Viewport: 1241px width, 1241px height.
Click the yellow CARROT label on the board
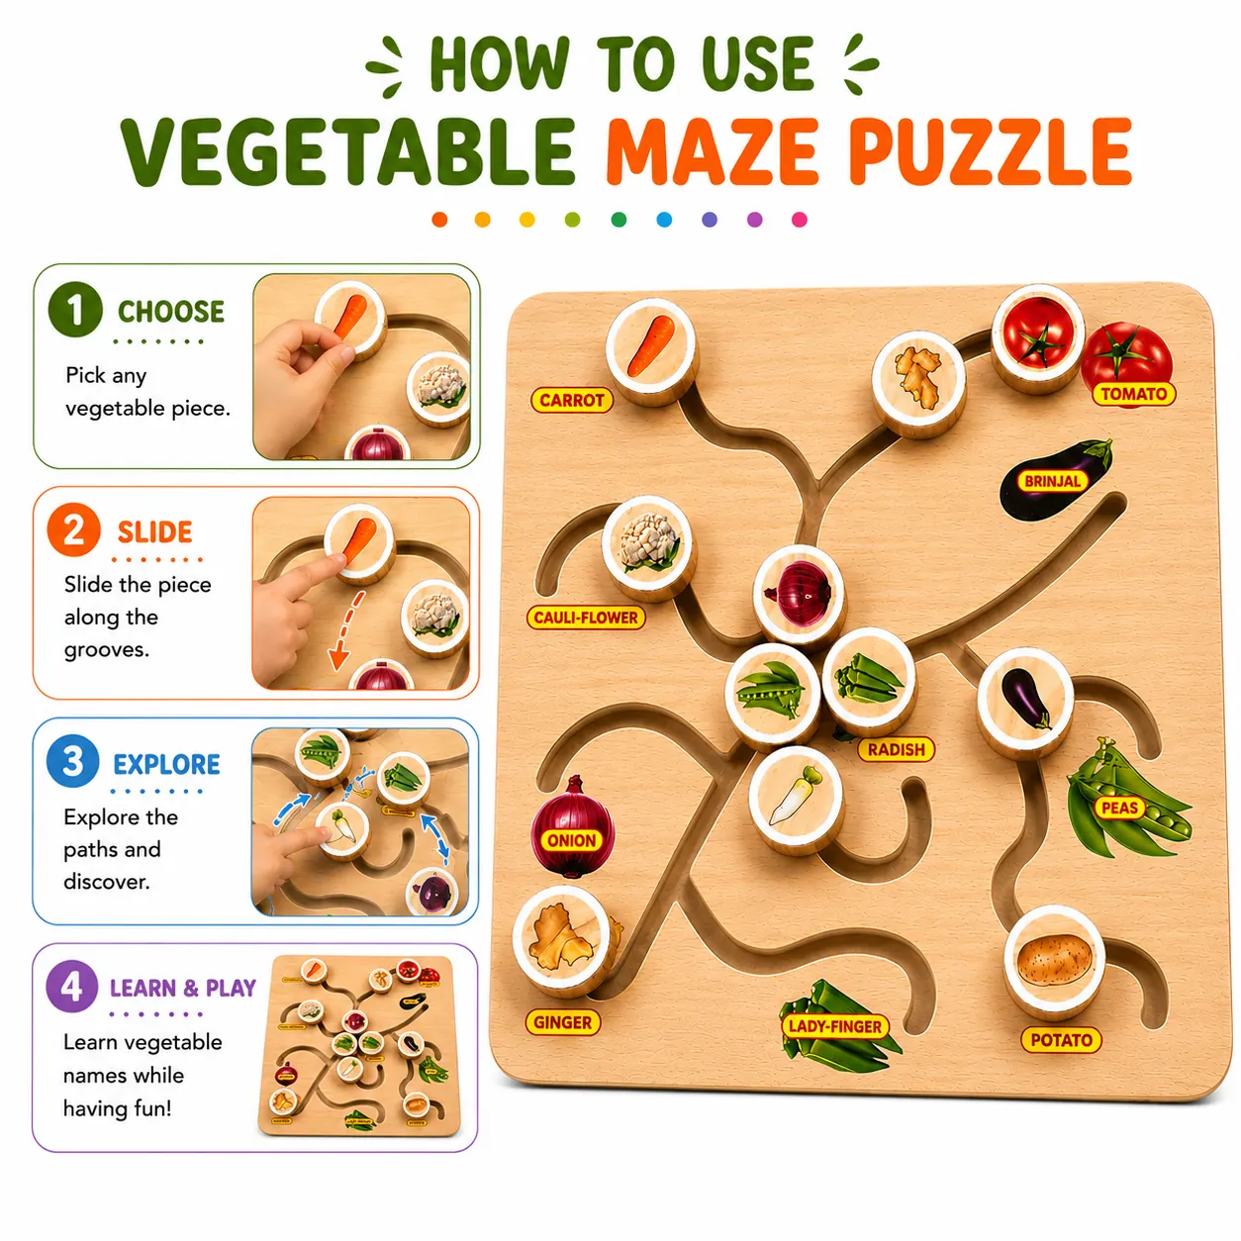coord(571,400)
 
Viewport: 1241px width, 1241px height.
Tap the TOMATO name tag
coord(1133,394)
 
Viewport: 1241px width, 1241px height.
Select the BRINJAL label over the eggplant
coord(1052,480)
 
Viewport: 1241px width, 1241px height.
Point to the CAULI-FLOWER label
coord(586,618)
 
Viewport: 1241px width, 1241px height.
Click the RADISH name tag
coord(896,749)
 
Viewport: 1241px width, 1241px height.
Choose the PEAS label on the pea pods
coord(1119,808)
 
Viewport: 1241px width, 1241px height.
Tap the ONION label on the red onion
coord(571,840)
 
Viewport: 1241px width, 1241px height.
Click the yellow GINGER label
coord(562,1022)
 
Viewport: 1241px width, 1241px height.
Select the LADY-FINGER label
coord(834,1026)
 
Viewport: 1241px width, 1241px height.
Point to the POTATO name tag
coord(1061,1039)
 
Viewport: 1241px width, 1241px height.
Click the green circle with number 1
coord(75,309)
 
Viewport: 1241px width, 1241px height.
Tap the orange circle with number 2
coord(73,530)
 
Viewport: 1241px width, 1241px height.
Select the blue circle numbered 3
coord(73,761)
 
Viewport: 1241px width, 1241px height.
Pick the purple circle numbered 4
coord(71,986)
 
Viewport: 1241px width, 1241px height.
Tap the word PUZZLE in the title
coord(990,151)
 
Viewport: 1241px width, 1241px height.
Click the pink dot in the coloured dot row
coord(800,220)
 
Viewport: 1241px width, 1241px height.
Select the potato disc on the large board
coord(1054,961)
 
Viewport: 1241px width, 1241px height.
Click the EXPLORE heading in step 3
coord(167,764)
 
